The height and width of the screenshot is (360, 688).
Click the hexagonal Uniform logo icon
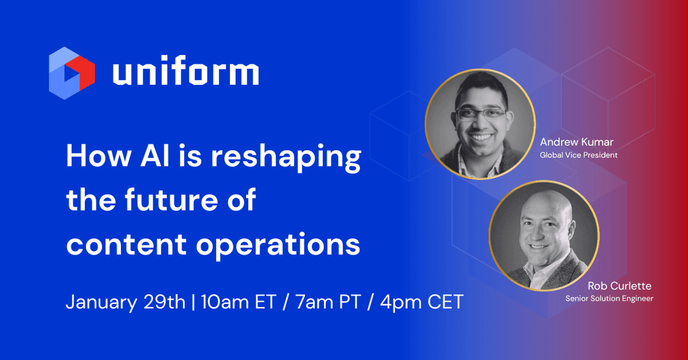[x=71, y=73]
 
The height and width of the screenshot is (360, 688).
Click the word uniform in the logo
[x=186, y=73]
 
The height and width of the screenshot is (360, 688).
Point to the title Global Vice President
[x=579, y=155]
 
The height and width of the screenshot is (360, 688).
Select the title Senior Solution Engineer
[x=610, y=298]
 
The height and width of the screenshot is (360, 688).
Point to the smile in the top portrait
[x=479, y=136]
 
